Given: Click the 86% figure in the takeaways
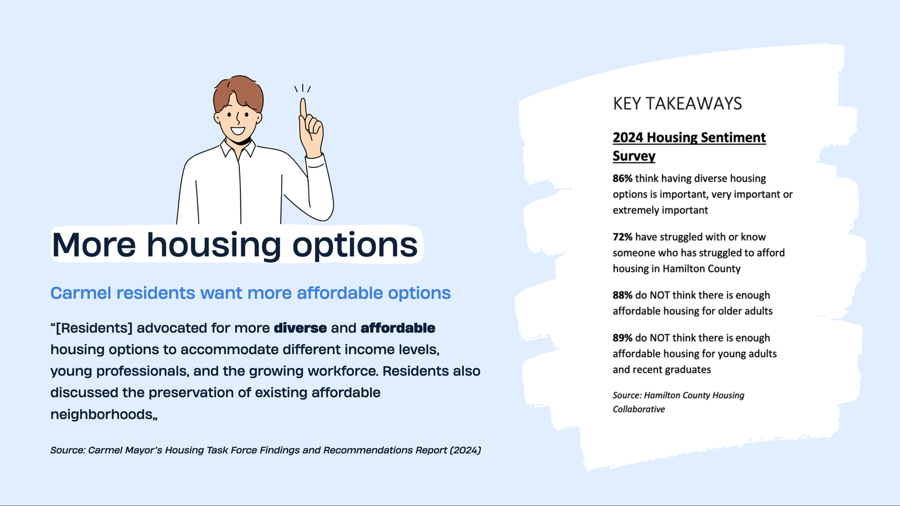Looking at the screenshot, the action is tap(623, 178).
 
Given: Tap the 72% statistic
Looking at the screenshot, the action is tap(623, 237).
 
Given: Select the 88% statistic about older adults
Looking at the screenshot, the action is tap(623, 295).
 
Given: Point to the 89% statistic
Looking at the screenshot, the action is tap(623, 338).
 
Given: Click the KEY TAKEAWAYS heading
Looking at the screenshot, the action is tap(677, 104).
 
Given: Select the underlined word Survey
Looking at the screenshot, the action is tap(634, 156).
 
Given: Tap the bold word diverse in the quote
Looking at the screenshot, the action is tap(300, 328).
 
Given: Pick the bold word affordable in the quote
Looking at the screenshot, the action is tap(398, 328).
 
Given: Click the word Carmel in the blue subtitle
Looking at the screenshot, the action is tap(81, 293).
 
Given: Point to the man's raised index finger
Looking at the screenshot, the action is tap(303, 108).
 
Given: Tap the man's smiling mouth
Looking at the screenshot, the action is tap(237, 131).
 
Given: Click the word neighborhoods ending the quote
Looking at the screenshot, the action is tap(102, 414).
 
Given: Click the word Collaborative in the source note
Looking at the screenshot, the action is tap(639, 409).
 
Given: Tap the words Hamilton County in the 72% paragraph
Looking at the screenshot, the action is tap(701, 269).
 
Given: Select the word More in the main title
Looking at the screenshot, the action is tap(94, 245).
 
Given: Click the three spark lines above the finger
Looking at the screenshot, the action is tap(303, 89).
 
